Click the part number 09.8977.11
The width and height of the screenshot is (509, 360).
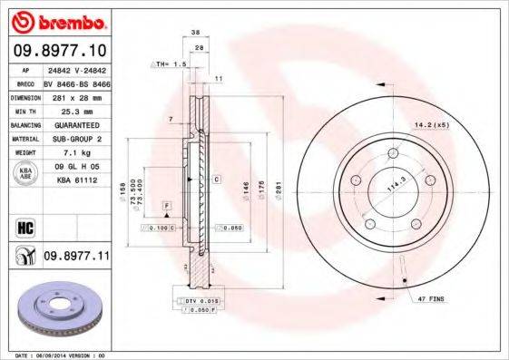77,257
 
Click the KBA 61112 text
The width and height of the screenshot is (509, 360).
77,181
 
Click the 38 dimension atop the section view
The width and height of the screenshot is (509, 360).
195,32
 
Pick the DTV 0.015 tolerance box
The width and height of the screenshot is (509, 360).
196,300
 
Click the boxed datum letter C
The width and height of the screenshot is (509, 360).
217,180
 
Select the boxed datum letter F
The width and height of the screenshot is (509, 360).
167,207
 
